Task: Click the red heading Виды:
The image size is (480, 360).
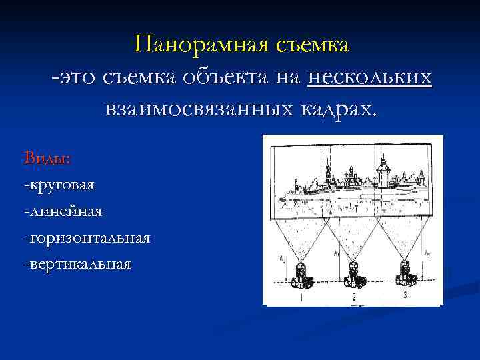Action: pos(47,158)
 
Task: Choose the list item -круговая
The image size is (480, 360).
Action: pos(59,184)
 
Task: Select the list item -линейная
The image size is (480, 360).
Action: pos(63,211)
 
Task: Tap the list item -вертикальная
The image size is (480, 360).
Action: pos(77,264)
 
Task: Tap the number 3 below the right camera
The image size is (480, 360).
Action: pos(404,295)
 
